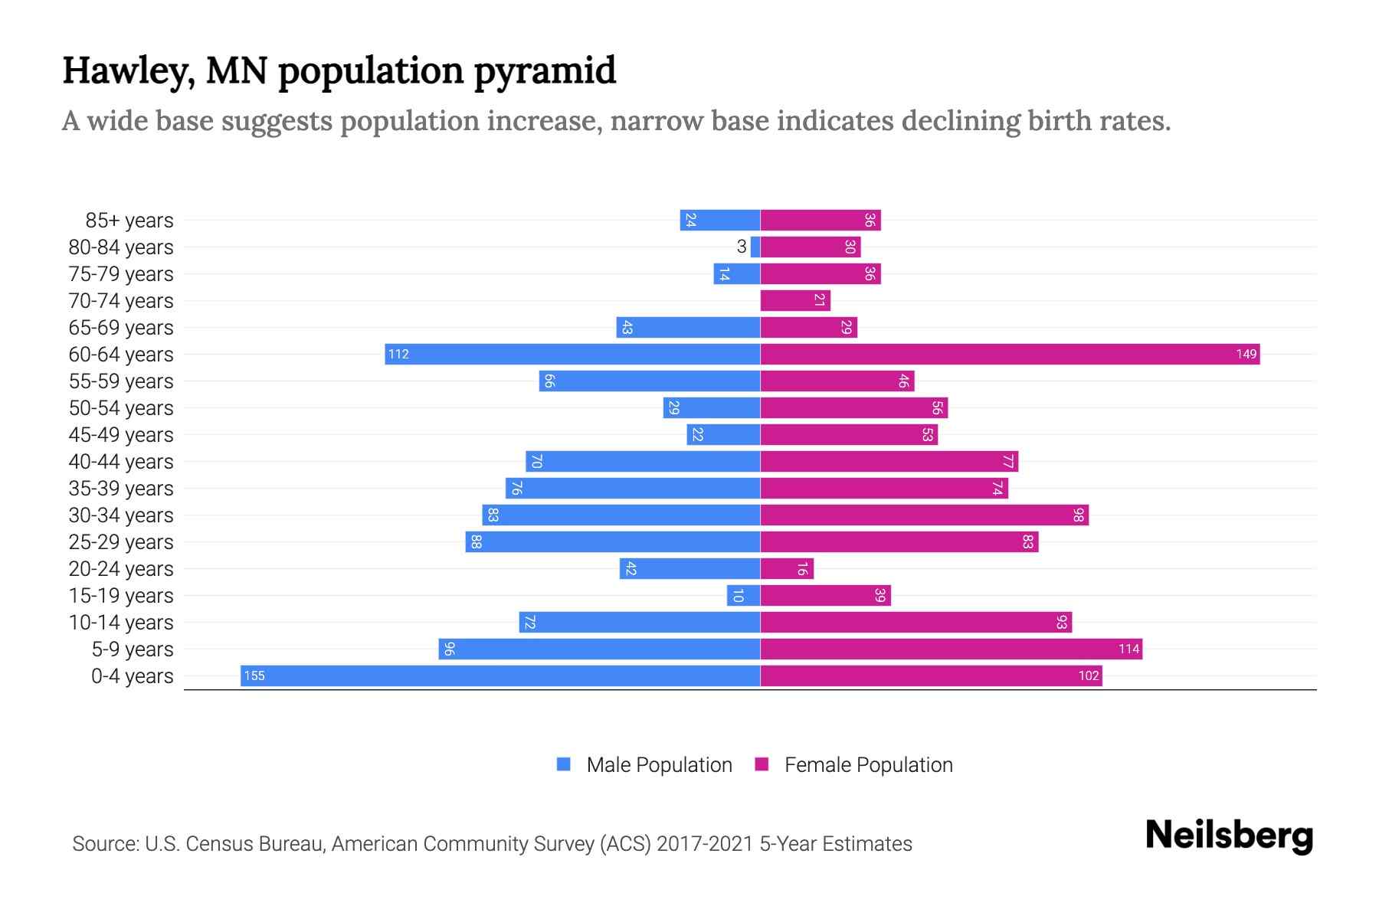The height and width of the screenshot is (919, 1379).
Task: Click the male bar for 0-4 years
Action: [500, 675]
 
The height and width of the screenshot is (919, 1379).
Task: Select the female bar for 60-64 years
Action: [1010, 354]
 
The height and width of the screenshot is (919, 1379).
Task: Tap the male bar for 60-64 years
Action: [572, 354]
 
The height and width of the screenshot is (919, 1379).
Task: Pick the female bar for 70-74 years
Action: [795, 300]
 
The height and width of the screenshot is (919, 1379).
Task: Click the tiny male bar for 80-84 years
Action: [755, 247]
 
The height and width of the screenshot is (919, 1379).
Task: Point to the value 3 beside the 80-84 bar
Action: [741, 247]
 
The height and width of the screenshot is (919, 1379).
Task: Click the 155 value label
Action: [254, 675]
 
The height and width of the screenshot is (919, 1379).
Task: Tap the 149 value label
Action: [1246, 354]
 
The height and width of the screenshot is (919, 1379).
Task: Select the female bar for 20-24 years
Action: [787, 568]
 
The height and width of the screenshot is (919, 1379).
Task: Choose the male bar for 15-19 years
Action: [743, 595]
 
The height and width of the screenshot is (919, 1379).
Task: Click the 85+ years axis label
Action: [129, 221]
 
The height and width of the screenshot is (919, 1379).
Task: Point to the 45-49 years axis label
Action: [121, 435]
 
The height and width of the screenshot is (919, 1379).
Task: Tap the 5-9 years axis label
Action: [133, 649]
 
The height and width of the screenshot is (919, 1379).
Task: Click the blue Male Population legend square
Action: [564, 764]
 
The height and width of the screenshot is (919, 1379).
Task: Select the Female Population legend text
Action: [868, 764]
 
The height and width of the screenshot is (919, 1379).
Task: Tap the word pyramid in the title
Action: [545, 70]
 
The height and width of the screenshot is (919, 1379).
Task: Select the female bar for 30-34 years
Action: [924, 515]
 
